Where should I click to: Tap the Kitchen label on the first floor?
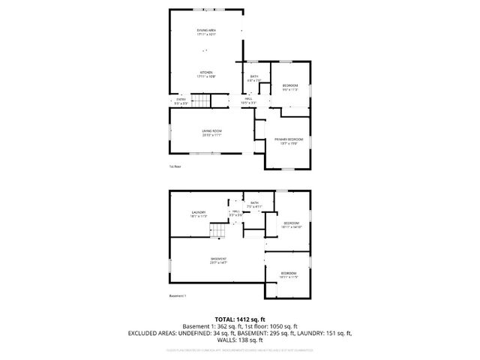point(205,74)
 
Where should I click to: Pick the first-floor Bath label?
point(254,77)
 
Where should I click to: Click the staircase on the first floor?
point(200,101)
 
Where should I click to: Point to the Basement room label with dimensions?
point(218,260)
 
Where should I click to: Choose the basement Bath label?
point(254,204)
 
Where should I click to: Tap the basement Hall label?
point(236,214)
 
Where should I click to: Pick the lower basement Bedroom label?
point(289,274)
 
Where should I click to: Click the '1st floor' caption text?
point(175,166)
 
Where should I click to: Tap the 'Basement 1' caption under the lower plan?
point(178,296)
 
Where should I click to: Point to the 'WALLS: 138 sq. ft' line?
point(240,340)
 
